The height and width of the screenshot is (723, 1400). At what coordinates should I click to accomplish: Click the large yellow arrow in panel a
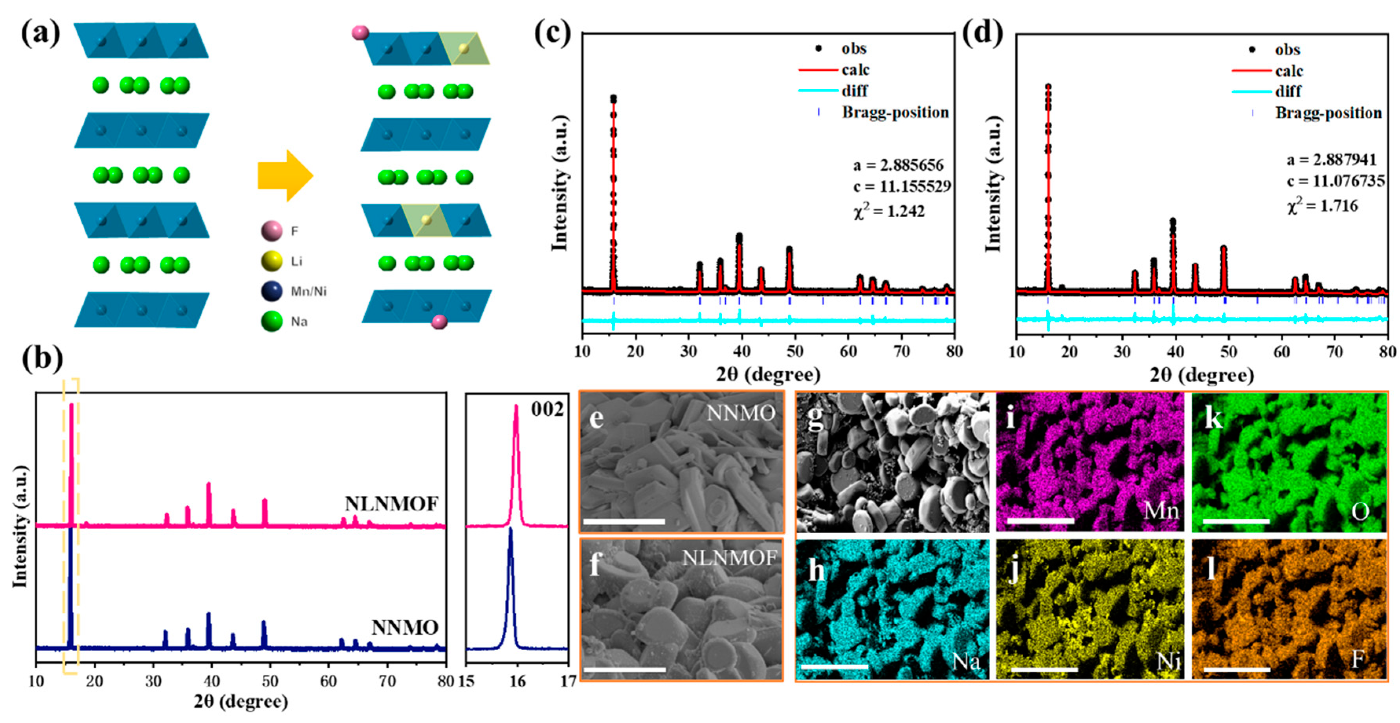(285, 176)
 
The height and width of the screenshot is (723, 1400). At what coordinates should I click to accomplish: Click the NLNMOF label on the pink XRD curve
(391, 505)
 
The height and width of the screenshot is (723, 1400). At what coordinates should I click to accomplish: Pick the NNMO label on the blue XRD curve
(405, 628)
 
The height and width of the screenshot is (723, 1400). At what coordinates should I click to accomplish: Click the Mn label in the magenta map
(1161, 511)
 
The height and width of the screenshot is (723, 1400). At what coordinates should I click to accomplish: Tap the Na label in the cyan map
(966, 661)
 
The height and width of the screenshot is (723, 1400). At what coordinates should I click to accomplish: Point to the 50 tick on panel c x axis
(795, 352)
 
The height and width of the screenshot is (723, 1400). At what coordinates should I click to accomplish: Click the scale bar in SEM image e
(624, 521)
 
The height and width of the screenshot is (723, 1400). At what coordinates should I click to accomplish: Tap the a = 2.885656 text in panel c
(898, 165)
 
